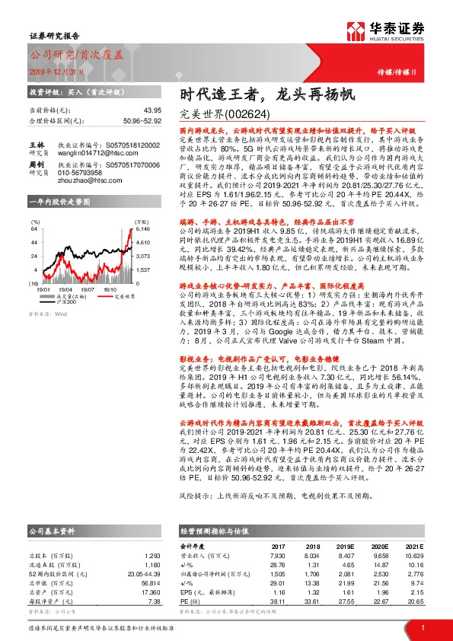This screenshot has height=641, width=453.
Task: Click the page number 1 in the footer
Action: click(422, 627)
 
